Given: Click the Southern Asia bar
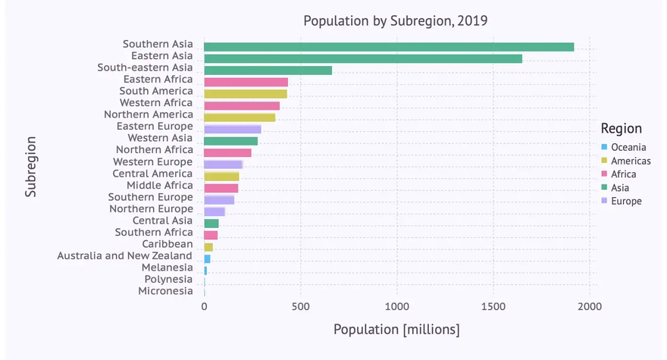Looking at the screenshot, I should coord(389,47).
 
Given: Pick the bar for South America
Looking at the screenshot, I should coord(246,94).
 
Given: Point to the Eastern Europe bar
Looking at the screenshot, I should coord(233,129).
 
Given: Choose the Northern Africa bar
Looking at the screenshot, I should coord(227,152).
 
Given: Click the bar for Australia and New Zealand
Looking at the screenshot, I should coord(207,258).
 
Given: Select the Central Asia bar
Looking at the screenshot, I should coord(211,224).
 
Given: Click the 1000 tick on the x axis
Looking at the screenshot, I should coord(396,306).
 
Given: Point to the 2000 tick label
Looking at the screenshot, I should coord(590,306).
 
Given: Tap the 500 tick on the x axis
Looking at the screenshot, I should coord(301,306).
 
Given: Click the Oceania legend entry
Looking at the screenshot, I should coord(628,147).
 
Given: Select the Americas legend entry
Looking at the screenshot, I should coord(631,161).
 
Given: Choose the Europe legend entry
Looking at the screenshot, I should coord(626,201).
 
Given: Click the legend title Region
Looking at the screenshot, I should coord(621,129).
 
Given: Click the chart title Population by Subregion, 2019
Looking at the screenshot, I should coord(395,20).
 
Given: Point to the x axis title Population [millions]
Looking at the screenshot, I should coord(396,330).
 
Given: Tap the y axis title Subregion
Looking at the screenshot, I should coord(31,167).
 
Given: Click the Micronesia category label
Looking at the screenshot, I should coord(166,291).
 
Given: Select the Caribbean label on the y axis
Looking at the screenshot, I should coord(168,244).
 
